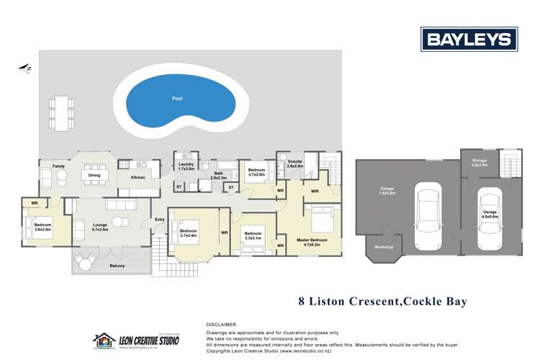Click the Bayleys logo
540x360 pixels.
pyautogui.click(x=469, y=39)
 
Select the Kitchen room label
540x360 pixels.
pyautogui.click(x=138, y=176)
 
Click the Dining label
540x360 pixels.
pyautogui.click(x=94, y=175)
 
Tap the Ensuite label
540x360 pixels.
pyautogui.click(x=295, y=163)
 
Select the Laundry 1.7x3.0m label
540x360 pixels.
pyautogui.click(x=186, y=166)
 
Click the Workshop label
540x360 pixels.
pyautogui.click(x=384, y=247)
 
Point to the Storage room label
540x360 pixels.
pyautogui.click(x=480, y=163)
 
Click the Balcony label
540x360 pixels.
pyautogui.click(x=117, y=266)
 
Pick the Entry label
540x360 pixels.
pyautogui.click(x=160, y=220)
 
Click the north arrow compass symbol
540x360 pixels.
pyautogui.click(x=26, y=68)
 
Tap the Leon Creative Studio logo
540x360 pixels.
pyautogui.click(x=136, y=339)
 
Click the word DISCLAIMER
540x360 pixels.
pyautogui.click(x=221, y=325)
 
